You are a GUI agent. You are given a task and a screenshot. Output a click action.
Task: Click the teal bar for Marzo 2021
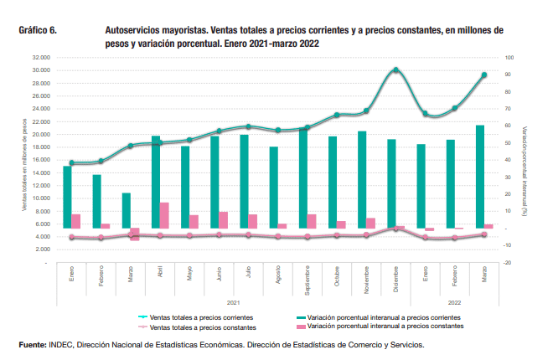127,210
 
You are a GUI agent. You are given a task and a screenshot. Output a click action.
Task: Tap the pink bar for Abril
164,215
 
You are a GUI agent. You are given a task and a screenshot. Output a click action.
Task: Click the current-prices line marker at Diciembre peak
395,70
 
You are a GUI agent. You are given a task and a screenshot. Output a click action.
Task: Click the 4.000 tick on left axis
39,237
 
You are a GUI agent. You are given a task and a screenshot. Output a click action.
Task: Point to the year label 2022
455,301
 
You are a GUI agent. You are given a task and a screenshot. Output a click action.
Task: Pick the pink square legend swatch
299,327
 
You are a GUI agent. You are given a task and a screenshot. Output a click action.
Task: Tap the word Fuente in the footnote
32,345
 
